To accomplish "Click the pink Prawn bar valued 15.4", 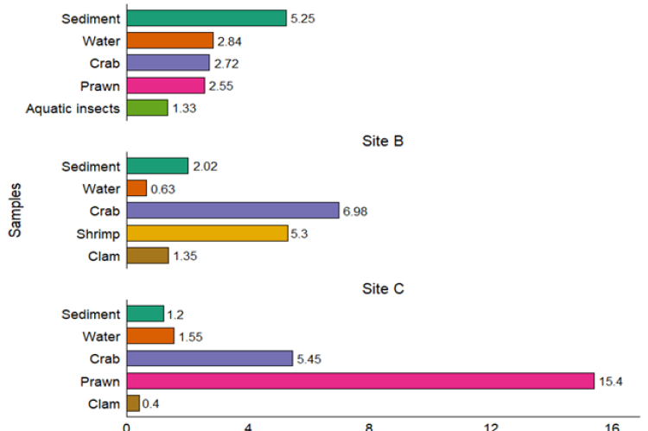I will [x=360, y=381].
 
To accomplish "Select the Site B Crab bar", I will [x=232, y=211].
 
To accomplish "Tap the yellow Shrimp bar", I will [x=207, y=233].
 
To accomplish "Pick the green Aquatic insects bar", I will [x=147, y=108].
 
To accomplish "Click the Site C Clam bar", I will [x=133, y=403].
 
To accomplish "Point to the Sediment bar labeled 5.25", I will [x=206, y=18].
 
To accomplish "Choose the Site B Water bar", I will [x=137, y=188].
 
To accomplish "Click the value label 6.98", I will [x=355, y=212].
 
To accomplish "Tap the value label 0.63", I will [x=163, y=189].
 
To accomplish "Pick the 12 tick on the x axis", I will [x=491, y=425].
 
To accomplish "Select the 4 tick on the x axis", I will [x=248, y=425].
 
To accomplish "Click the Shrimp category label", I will [x=98, y=233].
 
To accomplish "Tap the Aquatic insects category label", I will [x=73, y=108].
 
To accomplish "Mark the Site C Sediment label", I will [x=92, y=314].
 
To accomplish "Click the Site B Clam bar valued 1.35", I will [x=148, y=256].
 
